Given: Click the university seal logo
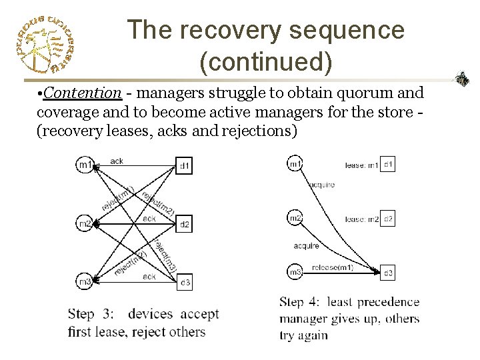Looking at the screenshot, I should (44, 44).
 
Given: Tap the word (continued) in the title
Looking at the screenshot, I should (265, 62).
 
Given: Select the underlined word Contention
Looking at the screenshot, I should (83, 93).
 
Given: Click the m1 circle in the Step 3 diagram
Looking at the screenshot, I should (84, 165).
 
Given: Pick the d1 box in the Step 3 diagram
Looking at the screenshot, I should (185, 165).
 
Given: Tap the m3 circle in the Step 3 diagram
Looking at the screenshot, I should (84, 282).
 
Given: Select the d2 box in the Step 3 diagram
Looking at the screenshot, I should (185, 224).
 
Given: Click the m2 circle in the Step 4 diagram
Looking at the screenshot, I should (294, 217).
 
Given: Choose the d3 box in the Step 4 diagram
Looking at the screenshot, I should (389, 272).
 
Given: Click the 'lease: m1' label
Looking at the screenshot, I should (363, 164).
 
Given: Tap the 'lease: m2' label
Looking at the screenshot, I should (363, 219).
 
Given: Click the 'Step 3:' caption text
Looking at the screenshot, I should (91, 314).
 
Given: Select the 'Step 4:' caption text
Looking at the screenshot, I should (301, 303).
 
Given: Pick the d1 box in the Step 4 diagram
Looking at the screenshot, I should (389, 164).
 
